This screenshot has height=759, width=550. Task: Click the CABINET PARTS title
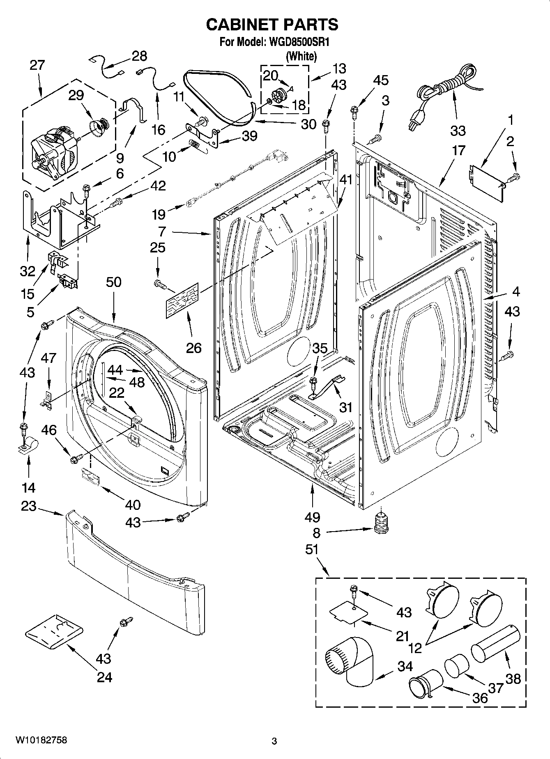click(x=272, y=25)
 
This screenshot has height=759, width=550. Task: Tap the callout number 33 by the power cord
click(x=458, y=131)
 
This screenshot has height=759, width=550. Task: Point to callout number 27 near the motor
click(x=37, y=65)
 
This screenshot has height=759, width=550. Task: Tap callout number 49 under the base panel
click(x=313, y=517)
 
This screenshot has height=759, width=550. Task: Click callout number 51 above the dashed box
click(x=313, y=549)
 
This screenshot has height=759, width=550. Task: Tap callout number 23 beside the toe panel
click(x=29, y=507)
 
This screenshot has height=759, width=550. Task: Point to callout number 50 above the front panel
click(x=114, y=282)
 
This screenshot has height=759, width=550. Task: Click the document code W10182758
click(x=41, y=740)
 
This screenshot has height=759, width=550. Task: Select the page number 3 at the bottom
click(x=274, y=741)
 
